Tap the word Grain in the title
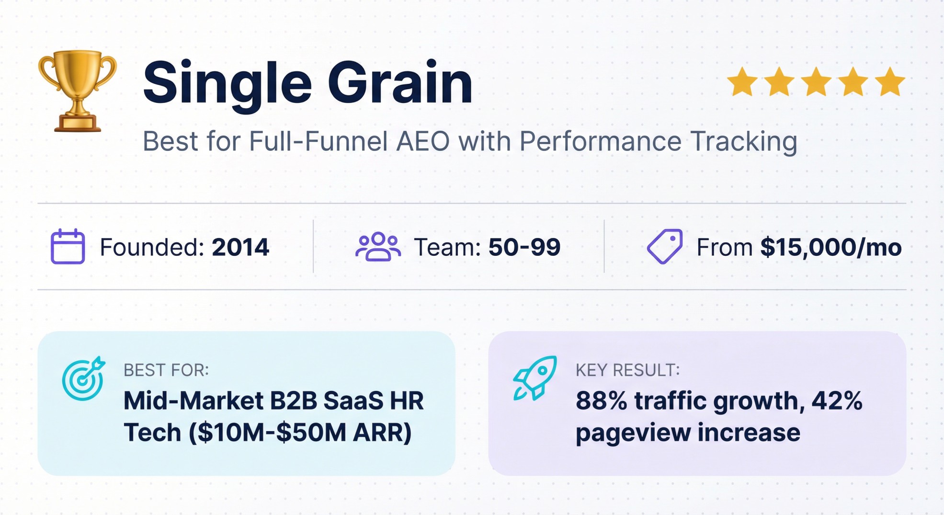[x=400, y=83]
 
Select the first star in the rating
[x=742, y=82]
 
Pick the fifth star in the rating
[x=889, y=82]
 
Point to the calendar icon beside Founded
[x=68, y=247]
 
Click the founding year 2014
[x=240, y=247]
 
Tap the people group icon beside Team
[x=378, y=247]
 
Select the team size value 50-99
[x=524, y=247]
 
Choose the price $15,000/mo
[x=831, y=247]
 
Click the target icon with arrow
[x=83, y=378]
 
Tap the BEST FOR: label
[x=166, y=370]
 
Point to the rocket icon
[x=535, y=378]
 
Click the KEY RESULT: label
[x=627, y=370]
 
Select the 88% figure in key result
[x=601, y=401]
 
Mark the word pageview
[x=632, y=433]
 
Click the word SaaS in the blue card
[x=353, y=401]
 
